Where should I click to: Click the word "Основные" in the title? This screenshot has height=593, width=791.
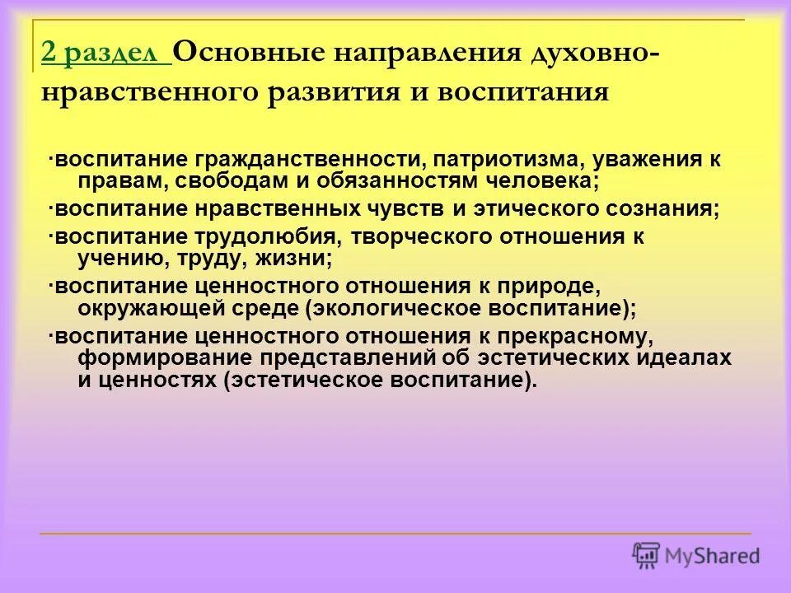coord(240,54)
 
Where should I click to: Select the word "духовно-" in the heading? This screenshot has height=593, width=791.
coord(593,54)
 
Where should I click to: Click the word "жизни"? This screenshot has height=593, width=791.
coord(296,258)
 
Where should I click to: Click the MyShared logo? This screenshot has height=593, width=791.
coord(696,554)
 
